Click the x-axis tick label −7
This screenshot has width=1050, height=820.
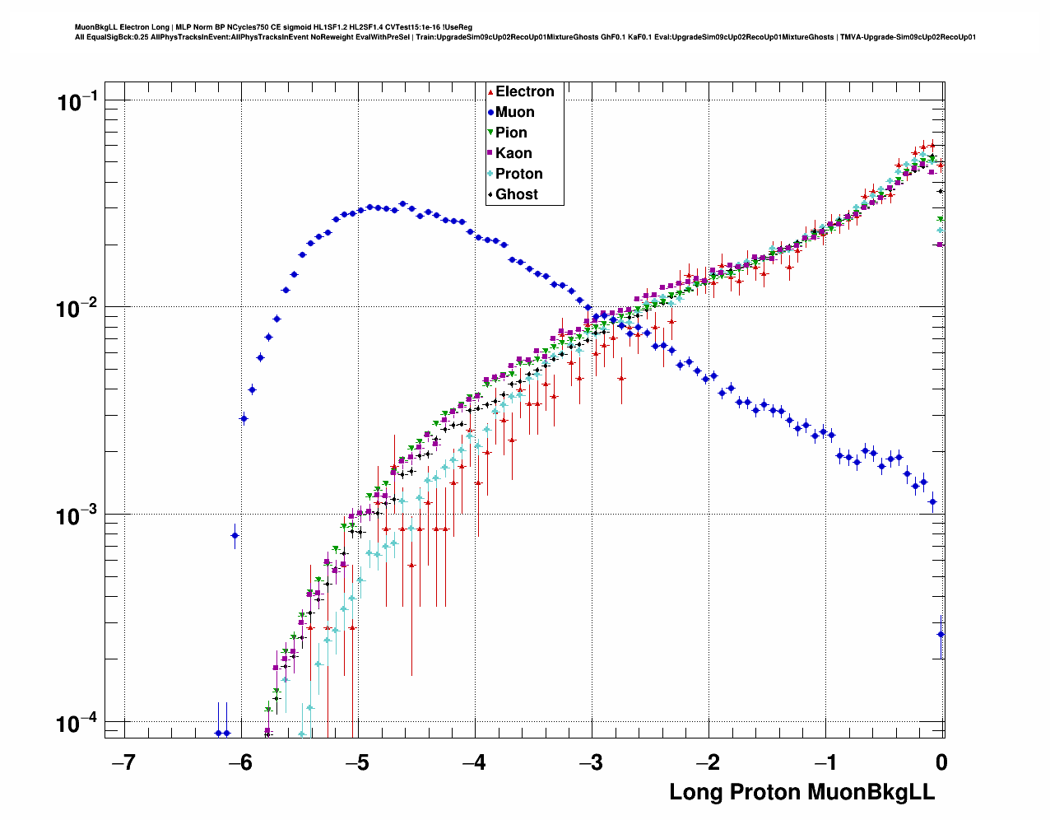pyautogui.click(x=123, y=762)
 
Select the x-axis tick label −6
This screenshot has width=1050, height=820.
pyautogui.click(x=240, y=762)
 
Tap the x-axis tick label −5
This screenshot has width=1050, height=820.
pyautogui.click(x=357, y=762)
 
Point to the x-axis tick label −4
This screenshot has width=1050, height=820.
pyautogui.click(x=474, y=762)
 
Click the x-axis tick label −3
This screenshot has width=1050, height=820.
pyautogui.click(x=591, y=762)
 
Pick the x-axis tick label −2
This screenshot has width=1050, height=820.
pyautogui.click(x=708, y=762)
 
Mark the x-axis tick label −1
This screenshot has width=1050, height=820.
pyautogui.click(x=825, y=762)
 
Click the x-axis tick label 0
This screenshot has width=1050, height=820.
pyautogui.click(x=941, y=762)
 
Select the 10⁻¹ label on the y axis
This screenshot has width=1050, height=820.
pyautogui.click(x=77, y=102)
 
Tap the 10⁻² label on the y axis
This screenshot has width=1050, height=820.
pyautogui.click(x=77, y=309)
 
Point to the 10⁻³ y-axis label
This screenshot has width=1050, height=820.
pyautogui.click(x=77, y=516)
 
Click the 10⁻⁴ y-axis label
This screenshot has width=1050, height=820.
pyautogui.click(x=77, y=724)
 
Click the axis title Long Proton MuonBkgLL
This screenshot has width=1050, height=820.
pyautogui.click(x=801, y=792)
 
